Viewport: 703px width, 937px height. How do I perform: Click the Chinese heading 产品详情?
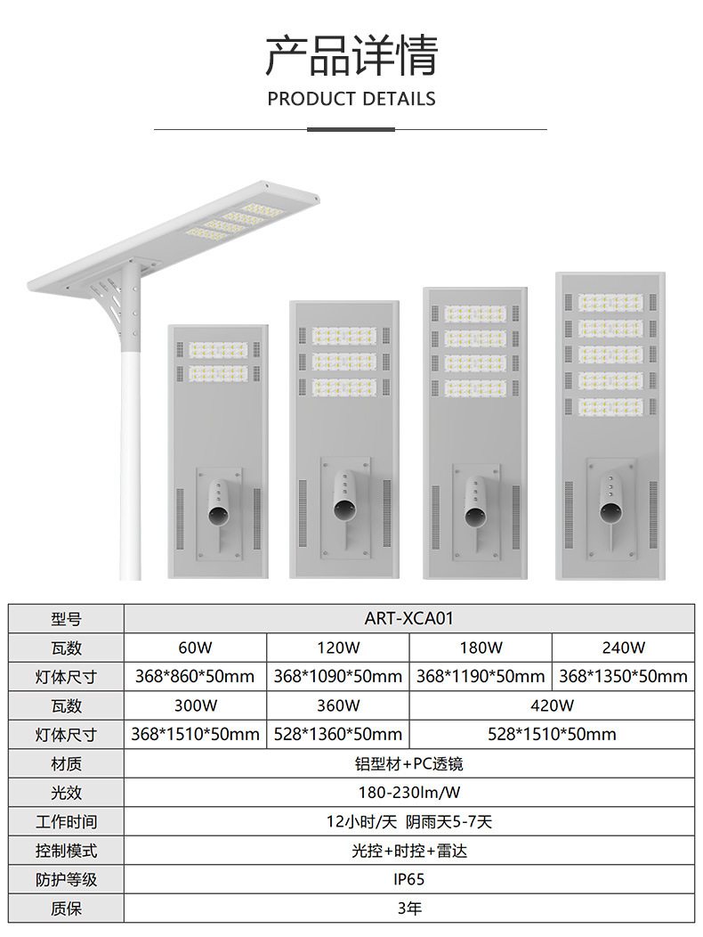click(351, 55)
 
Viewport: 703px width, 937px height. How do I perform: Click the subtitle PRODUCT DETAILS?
click(351, 98)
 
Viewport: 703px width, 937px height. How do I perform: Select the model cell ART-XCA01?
click(409, 618)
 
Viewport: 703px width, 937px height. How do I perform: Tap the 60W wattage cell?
click(195, 648)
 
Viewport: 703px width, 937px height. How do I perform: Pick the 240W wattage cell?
click(623, 648)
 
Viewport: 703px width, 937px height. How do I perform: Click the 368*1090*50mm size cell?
click(338, 677)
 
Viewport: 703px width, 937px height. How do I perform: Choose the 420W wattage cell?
click(552, 705)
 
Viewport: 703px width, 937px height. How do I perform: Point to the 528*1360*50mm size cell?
click(338, 735)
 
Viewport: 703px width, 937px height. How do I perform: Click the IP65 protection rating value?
click(409, 879)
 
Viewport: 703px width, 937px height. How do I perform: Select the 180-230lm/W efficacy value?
click(409, 793)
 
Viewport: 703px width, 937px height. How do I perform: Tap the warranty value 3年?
click(409, 908)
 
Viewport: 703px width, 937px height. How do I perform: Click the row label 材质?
click(67, 764)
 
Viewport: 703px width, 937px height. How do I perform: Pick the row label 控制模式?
click(67, 851)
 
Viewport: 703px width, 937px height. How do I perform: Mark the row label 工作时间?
click(67, 821)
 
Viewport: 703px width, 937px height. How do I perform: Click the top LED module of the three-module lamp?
click(344, 336)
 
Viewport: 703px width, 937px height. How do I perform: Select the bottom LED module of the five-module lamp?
click(610, 406)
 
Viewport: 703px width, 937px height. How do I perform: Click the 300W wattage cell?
click(195, 705)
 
